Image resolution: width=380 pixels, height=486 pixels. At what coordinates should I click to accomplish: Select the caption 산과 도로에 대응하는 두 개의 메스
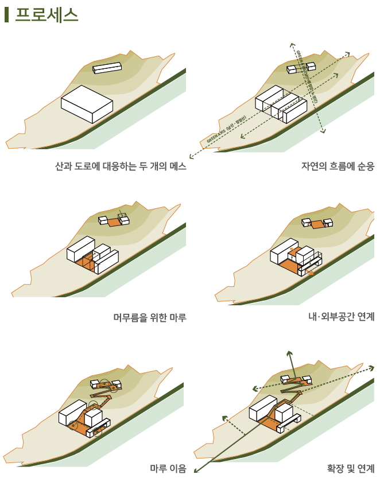[121, 167]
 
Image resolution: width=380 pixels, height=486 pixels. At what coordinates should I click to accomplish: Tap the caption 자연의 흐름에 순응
[338, 167]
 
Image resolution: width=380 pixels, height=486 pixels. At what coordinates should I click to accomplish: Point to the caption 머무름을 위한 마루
[150, 317]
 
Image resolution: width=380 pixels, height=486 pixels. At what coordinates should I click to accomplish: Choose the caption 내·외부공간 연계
[341, 317]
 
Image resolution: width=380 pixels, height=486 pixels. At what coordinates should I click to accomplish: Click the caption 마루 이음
[168, 468]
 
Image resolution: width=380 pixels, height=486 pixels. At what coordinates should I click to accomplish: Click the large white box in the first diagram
[87, 104]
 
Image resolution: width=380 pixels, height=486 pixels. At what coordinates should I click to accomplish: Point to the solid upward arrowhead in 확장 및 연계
[290, 353]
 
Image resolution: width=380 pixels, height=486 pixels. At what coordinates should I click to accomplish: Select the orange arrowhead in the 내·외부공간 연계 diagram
[311, 274]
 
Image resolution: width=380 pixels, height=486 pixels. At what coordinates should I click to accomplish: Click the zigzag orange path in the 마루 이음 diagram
[103, 396]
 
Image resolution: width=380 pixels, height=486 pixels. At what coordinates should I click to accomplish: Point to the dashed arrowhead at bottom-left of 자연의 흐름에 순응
[191, 157]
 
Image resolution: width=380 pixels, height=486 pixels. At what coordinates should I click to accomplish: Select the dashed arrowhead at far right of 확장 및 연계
[371, 367]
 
